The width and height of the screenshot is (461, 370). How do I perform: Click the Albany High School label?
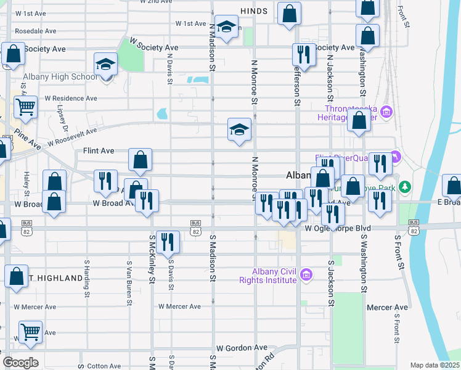pos(60,77)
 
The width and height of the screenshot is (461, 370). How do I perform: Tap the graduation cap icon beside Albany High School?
pos(106,64)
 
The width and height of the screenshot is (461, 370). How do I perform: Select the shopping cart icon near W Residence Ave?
pos(26,107)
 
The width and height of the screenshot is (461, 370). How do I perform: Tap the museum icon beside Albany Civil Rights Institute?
pos(306,276)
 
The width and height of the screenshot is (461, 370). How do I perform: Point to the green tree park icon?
pos(404,186)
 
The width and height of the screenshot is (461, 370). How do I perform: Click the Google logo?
pos(20,362)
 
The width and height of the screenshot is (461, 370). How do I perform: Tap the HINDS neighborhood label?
pos(254,10)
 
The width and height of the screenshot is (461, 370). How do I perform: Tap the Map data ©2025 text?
pos(434,365)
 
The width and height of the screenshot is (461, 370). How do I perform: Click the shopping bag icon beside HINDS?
pos(289,14)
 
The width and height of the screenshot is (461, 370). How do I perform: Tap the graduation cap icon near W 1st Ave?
pos(227,27)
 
